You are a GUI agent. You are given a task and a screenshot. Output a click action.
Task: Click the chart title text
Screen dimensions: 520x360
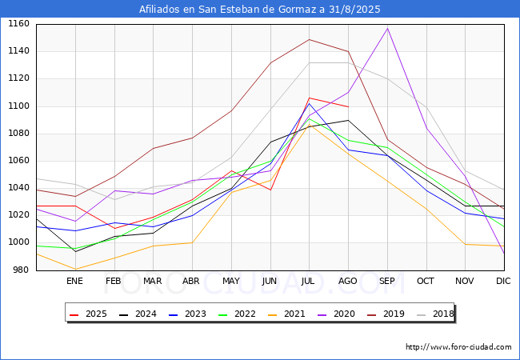coord(260,9)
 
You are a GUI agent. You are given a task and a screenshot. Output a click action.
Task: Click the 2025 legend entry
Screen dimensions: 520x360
coord(88,314)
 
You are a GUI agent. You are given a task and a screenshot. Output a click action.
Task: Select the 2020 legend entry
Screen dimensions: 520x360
coord(336,314)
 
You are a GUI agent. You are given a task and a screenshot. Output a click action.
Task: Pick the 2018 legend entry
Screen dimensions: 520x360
coord(435,314)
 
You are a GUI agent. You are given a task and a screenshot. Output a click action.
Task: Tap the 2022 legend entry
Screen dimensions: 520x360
coord(237,314)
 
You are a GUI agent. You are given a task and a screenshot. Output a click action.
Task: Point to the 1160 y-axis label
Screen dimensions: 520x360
coord(18,24)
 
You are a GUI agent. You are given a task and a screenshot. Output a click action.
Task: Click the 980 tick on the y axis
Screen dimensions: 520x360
coord(22,270)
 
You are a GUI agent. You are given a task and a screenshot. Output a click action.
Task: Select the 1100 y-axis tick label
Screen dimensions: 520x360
coord(18,106)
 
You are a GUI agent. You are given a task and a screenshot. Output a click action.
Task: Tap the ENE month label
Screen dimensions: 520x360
coord(74,281)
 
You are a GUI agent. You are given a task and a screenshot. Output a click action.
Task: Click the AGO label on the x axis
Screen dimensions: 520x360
coord(347,281)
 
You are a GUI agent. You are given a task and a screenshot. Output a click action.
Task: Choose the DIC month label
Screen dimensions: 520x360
coord(503,281)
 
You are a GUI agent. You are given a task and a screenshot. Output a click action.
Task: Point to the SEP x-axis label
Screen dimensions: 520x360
coord(386,281)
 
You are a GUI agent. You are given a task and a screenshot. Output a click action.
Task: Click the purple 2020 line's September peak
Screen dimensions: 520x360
coord(387,29)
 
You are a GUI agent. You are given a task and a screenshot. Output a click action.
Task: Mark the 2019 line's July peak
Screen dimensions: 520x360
coord(309,39)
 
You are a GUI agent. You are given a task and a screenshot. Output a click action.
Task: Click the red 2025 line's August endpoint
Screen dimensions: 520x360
coord(348,106)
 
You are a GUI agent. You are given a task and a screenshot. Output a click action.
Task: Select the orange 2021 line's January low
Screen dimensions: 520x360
coord(76,269)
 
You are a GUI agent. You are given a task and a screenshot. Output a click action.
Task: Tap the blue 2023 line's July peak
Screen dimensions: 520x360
coord(309,103)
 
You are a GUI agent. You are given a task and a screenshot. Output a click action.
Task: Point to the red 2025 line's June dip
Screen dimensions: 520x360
coord(270,190)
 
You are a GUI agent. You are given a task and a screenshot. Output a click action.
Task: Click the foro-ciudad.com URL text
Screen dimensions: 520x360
coord(458,347)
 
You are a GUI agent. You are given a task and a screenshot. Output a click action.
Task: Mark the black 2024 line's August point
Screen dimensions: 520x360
coord(348,120)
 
